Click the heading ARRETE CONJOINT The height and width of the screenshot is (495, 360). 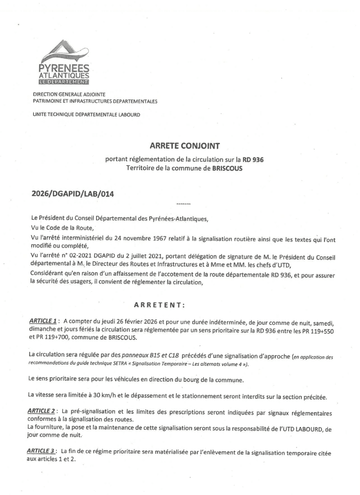185,146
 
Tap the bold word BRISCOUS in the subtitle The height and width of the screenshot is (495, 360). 226,168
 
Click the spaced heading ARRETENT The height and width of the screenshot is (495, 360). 160,304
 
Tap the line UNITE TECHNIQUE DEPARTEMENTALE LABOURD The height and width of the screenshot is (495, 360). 86,115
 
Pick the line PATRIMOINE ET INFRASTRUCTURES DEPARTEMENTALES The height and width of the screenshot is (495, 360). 95,102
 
